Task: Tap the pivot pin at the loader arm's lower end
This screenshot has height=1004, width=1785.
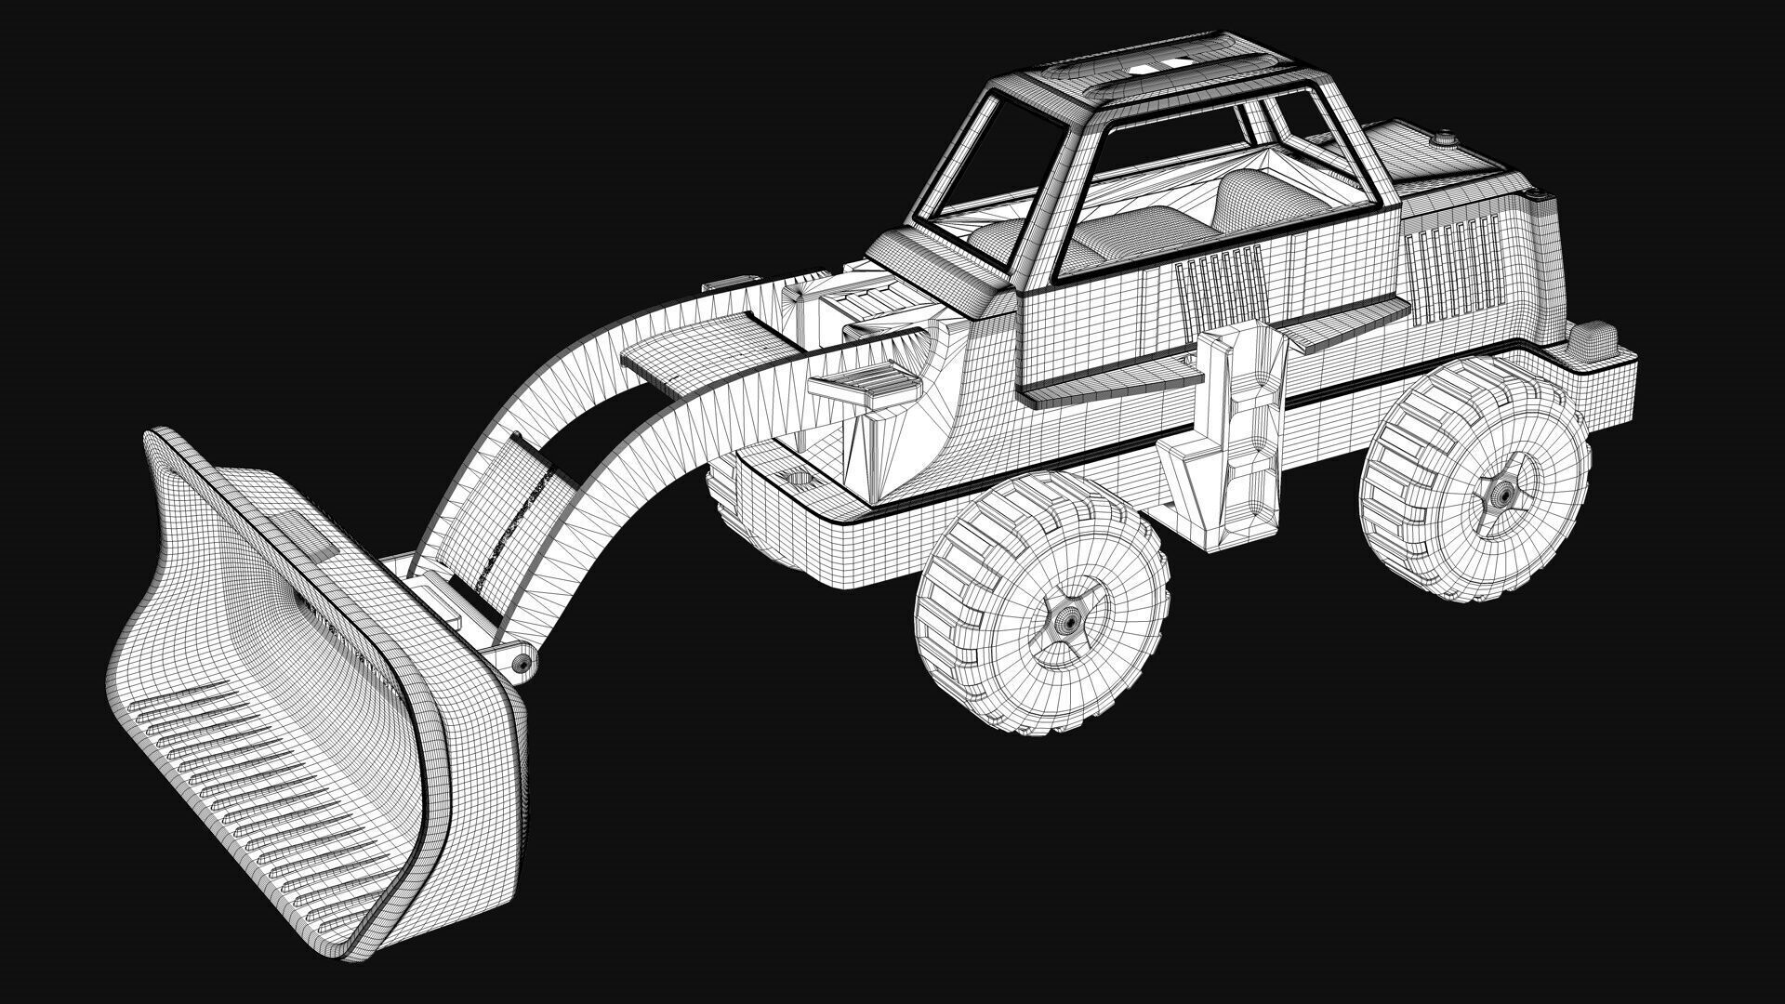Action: (523, 662)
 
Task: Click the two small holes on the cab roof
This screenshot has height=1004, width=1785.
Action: (1157, 62)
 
